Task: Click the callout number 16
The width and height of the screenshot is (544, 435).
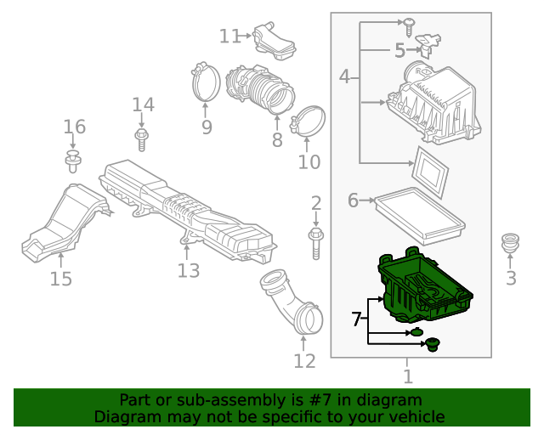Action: pyautogui.click(x=75, y=127)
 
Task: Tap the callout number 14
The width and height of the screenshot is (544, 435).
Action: pyautogui.click(x=143, y=105)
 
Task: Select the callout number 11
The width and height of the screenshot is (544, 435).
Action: pyautogui.click(x=230, y=36)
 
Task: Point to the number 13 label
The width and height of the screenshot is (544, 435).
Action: pyautogui.click(x=188, y=270)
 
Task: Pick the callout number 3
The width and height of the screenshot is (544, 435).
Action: pyautogui.click(x=511, y=278)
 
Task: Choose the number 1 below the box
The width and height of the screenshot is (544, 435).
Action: pyautogui.click(x=408, y=376)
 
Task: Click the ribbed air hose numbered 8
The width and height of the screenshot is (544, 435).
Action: pyautogui.click(x=259, y=89)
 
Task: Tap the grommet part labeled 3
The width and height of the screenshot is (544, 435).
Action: pyautogui.click(x=511, y=241)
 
